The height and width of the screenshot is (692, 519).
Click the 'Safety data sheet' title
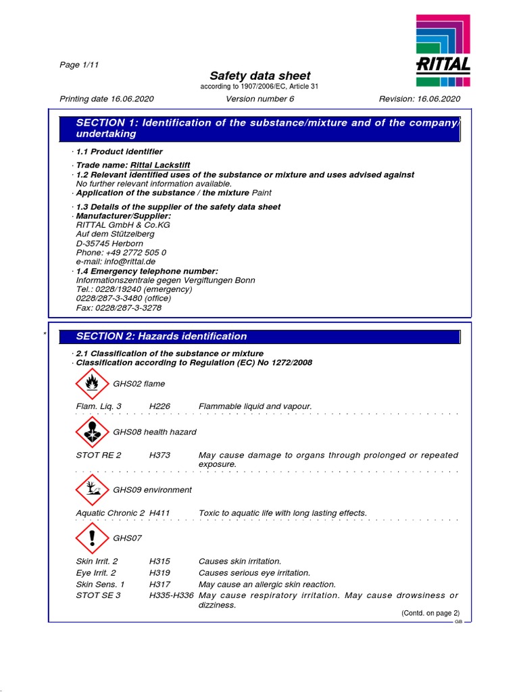click(x=259, y=76)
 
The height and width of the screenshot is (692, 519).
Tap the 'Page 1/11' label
click(x=80, y=65)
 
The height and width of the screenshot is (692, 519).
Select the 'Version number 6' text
click(x=260, y=99)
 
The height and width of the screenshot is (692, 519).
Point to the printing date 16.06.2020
click(x=107, y=99)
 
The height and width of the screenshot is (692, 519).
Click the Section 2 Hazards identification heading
click(x=162, y=337)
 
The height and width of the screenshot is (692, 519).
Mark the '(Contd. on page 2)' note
click(x=430, y=613)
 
